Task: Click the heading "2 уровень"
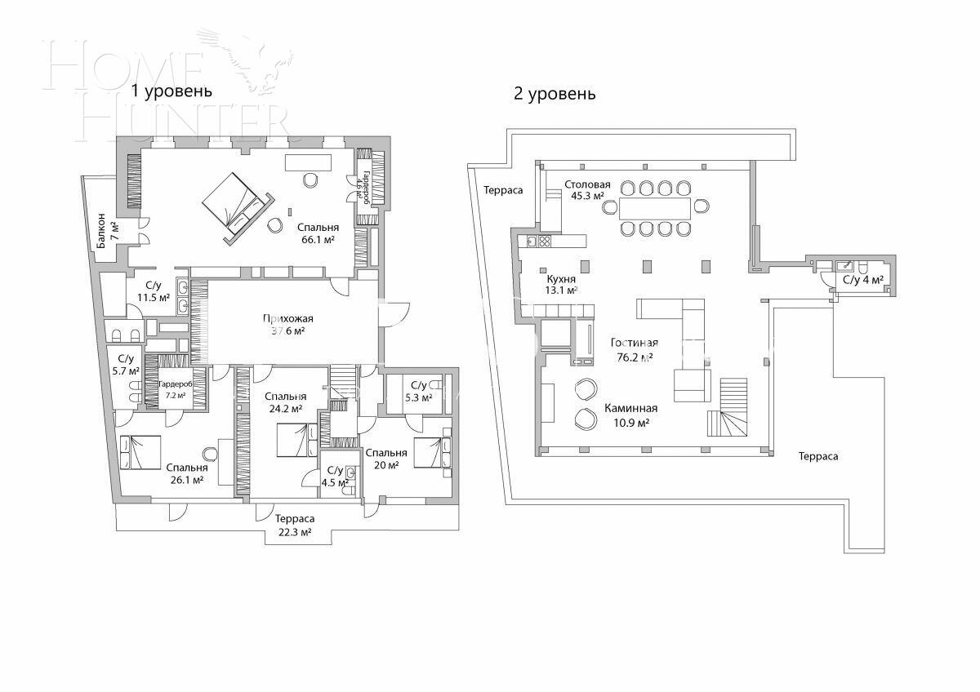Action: [x=555, y=94]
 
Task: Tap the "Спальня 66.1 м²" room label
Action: [x=317, y=233]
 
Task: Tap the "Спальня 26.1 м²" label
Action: [x=186, y=473]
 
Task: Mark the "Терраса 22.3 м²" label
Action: [x=294, y=525]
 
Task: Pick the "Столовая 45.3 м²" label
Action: [x=587, y=190]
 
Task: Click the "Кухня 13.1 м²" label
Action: [x=562, y=283]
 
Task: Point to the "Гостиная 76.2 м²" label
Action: [x=634, y=349]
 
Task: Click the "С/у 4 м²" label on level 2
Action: [x=862, y=281]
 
